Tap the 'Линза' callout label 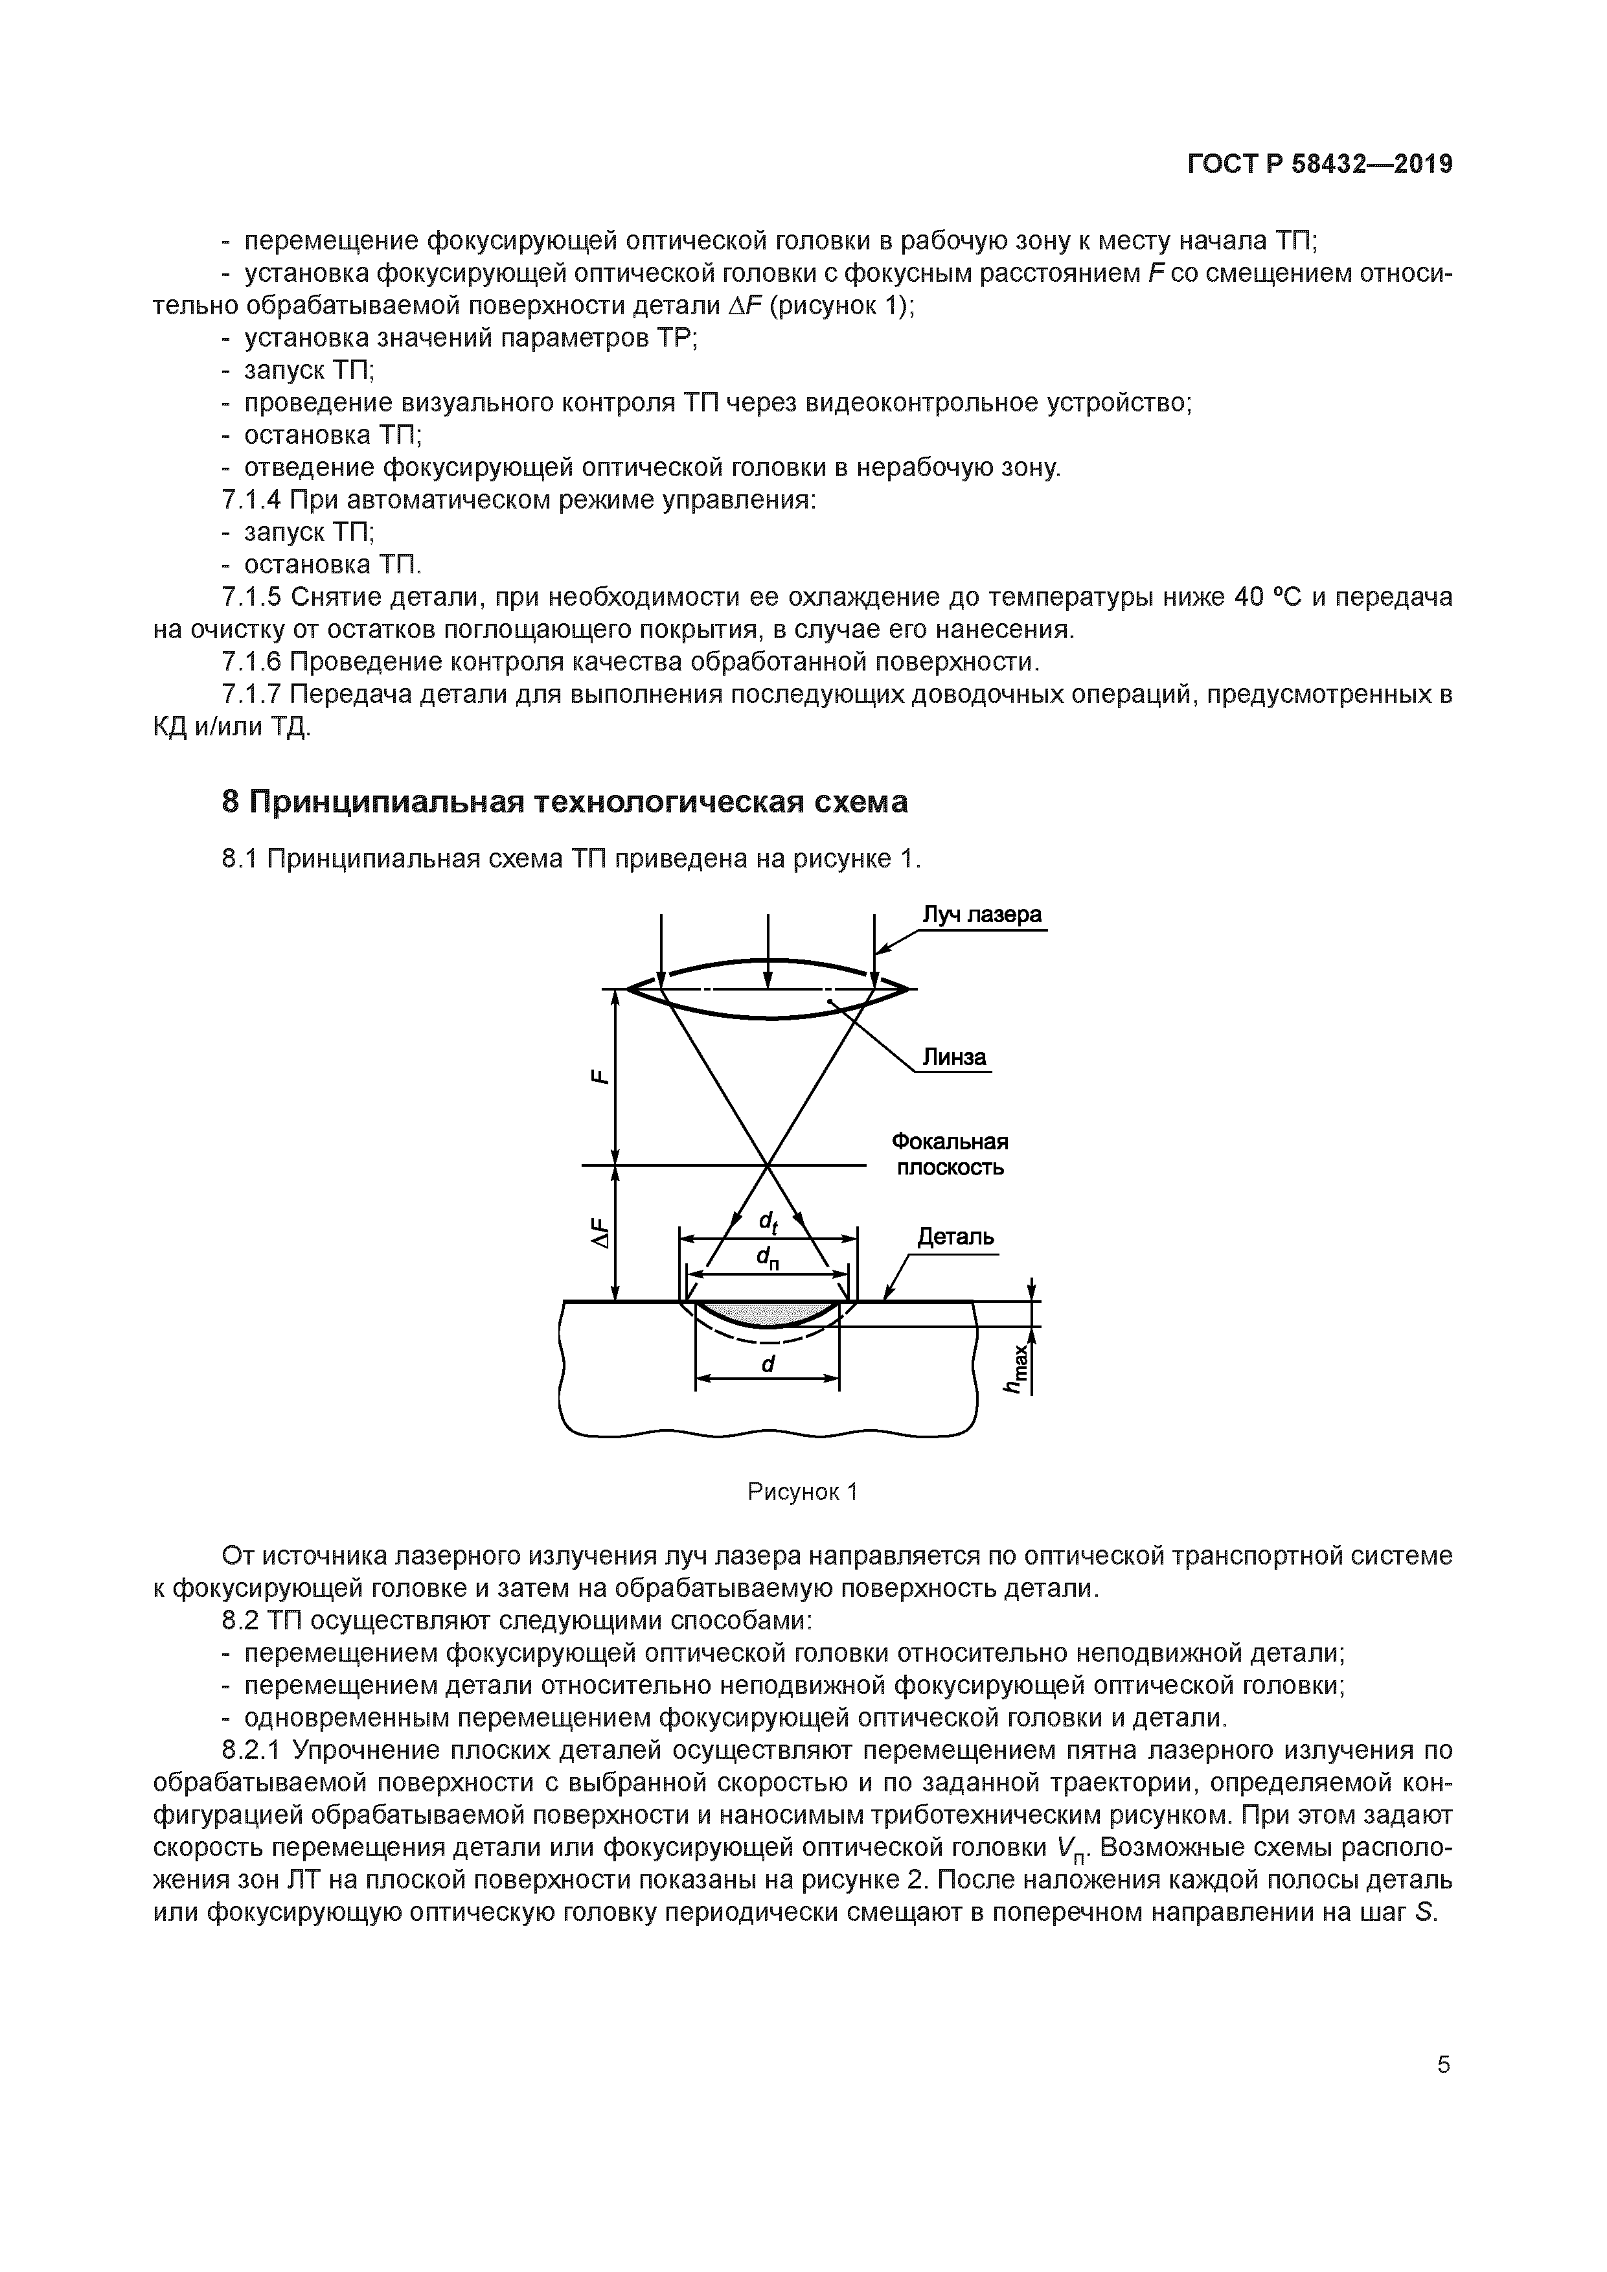(954, 1058)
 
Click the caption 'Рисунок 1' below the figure (801, 1491)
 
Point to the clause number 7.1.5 (253, 598)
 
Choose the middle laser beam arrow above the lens (768, 950)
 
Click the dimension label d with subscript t (768, 1223)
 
